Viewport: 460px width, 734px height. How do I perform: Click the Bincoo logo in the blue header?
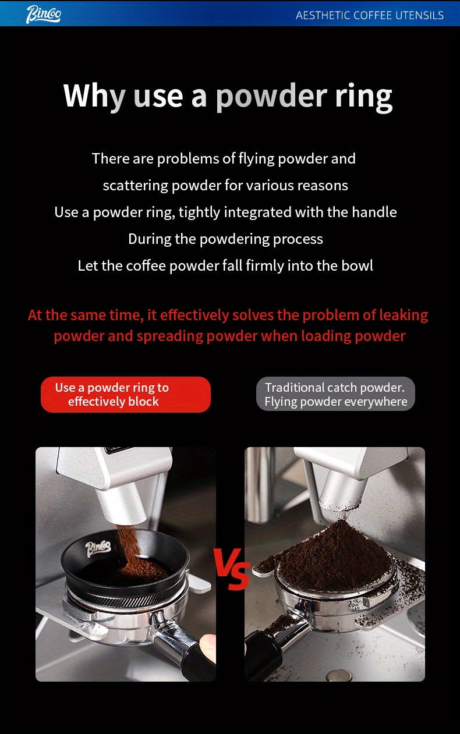(43, 15)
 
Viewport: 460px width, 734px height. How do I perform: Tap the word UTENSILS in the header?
(419, 15)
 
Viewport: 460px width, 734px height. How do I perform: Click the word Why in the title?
(94, 97)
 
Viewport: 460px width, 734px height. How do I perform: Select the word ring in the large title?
(363, 97)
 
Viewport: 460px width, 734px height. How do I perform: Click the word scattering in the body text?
(136, 186)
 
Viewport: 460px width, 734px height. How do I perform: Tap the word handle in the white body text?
(374, 212)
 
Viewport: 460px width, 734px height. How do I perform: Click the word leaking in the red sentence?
(404, 315)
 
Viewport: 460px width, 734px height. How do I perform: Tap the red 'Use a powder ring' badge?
(126, 395)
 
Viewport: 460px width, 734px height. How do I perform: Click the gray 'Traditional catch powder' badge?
(335, 394)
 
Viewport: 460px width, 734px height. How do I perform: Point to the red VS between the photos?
(232, 569)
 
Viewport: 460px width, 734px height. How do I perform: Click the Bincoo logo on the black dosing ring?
(98, 549)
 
